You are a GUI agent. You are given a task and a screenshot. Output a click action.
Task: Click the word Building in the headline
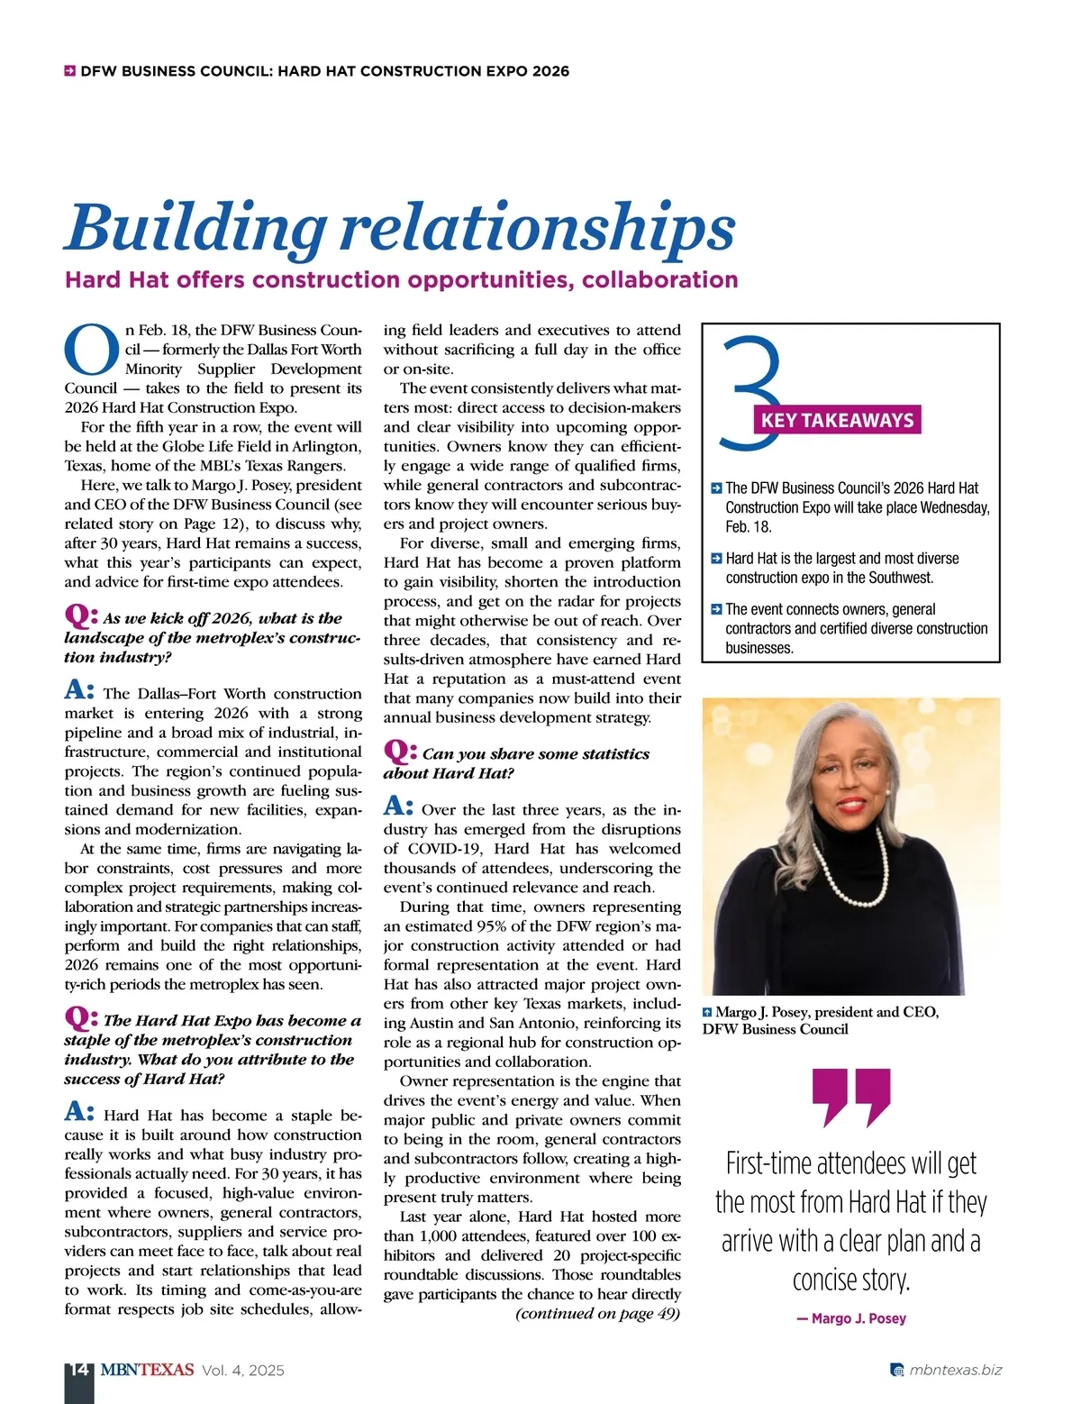(x=195, y=227)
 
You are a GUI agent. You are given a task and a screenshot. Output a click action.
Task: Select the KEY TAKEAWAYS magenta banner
(x=837, y=420)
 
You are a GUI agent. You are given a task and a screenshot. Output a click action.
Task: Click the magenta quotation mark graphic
(x=850, y=1097)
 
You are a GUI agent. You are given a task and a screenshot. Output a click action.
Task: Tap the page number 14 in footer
(x=78, y=1370)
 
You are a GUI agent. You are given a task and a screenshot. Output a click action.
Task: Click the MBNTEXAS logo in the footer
(x=147, y=1370)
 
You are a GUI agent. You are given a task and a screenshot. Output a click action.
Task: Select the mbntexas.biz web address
(x=955, y=1370)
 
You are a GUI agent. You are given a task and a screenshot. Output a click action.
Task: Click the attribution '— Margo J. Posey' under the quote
(x=851, y=1318)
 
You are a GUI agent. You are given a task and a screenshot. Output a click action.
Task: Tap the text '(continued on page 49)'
(x=597, y=1313)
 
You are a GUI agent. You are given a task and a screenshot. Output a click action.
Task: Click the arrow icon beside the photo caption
(x=707, y=1012)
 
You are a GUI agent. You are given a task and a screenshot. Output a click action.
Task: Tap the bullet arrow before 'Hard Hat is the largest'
(x=716, y=559)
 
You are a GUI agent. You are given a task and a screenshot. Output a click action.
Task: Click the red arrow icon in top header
(x=69, y=70)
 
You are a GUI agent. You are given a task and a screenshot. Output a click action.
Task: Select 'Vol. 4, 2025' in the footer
(x=243, y=1370)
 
